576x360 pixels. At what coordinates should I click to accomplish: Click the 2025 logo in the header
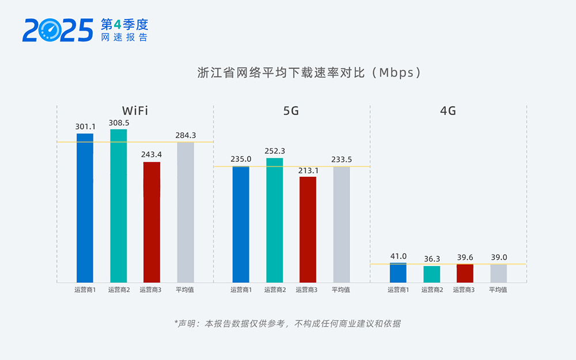[58, 30]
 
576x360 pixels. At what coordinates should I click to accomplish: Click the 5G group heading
[291, 111]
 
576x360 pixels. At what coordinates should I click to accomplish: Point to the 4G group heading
[448, 111]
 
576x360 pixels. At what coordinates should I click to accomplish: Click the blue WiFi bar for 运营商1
[85, 207]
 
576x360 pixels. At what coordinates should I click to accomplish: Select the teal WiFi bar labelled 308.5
[118, 205]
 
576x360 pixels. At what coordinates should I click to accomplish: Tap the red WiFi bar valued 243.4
[151, 222]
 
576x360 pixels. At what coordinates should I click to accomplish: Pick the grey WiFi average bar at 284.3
[185, 212]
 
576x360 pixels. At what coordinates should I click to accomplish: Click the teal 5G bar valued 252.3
[274, 219]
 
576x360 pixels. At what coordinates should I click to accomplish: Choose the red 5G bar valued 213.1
[308, 229]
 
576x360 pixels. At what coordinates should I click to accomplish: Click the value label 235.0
[241, 159]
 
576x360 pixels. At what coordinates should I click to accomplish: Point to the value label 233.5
[342, 159]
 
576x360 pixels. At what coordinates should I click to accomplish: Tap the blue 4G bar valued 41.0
[398, 273]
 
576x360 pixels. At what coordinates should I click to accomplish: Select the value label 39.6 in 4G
[465, 257]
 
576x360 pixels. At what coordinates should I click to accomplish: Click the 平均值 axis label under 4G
[498, 290]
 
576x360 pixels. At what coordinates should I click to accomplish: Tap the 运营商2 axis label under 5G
[275, 290]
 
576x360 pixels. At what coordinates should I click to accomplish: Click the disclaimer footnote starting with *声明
[287, 324]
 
